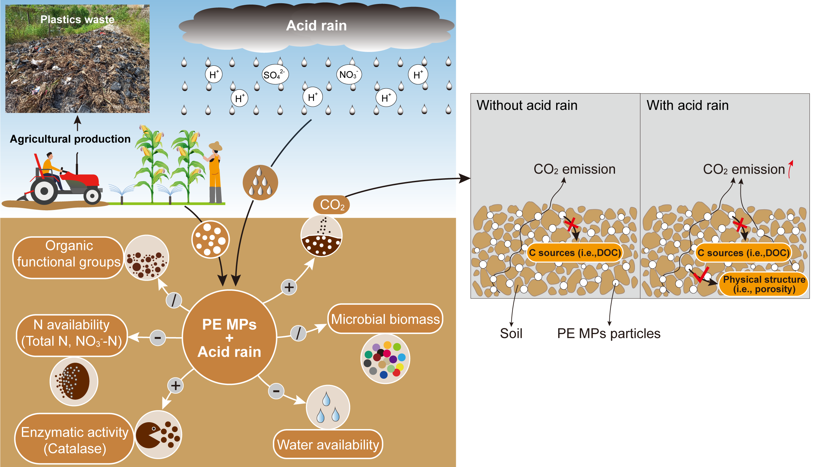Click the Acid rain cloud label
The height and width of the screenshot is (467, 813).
316,26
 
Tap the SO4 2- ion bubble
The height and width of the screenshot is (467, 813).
275,75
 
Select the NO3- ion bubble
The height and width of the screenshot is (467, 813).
349,74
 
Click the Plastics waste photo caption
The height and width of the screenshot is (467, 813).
77,19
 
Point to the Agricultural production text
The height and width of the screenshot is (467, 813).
70,139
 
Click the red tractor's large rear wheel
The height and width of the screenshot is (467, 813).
44,191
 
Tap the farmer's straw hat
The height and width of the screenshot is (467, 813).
216,146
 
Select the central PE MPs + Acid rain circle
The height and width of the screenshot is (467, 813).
229,337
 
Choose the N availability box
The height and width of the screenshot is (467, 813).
72,336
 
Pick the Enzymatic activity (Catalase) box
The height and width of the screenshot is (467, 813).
75,439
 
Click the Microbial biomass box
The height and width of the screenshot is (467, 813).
385,319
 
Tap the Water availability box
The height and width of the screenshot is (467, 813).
328,444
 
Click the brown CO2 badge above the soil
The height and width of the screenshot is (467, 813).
331,205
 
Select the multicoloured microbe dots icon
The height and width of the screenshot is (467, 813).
385,359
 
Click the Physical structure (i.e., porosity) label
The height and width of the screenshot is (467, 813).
764,284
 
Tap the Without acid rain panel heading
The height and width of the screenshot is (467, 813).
527,105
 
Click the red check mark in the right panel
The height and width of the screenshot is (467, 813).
701,275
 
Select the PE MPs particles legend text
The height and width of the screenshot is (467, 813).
609,334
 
